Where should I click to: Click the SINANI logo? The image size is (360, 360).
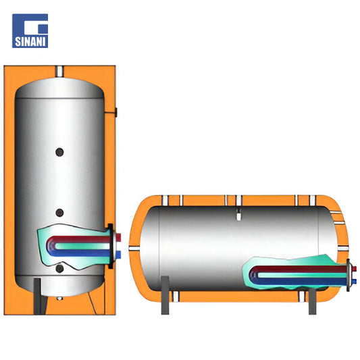(x=30, y=31)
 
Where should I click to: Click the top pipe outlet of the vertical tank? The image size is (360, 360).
(x=59, y=72)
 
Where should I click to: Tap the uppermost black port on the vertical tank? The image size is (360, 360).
(x=59, y=152)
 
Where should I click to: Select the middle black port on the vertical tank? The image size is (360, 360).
(x=59, y=213)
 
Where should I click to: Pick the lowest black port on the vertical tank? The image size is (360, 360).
(x=59, y=269)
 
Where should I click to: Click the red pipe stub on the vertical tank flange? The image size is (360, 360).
(x=118, y=238)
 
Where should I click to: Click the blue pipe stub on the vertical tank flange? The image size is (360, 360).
(x=118, y=255)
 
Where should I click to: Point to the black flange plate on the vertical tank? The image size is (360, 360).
(x=111, y=246)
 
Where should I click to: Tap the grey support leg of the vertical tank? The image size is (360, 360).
(x=38, y=297)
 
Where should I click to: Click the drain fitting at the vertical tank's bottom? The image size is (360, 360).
(x=59, y=299)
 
